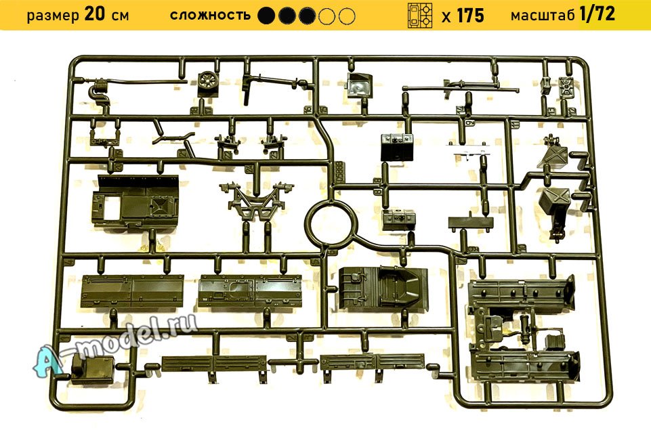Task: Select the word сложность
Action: (x=210, y=15)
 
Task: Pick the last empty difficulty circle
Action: (x=347, y=15)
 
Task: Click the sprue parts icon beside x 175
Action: (x=420, y=15)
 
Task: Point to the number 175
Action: (x=470, y=15)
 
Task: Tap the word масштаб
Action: (x=543, y=15)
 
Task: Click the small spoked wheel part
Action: (x=209, y=82)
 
